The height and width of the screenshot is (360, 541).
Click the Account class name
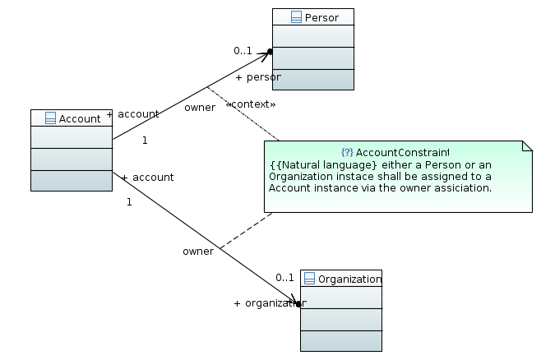[80, 118]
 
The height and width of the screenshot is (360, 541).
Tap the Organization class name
[350, 279]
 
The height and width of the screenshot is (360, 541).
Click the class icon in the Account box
[50, 118]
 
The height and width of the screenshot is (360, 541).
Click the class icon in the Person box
[296, 17]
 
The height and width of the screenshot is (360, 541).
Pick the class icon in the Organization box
[310, 279]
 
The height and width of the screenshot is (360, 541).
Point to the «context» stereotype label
[250, 104]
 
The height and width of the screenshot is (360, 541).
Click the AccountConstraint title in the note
[401, 153]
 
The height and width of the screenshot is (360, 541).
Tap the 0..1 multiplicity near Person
[243, 51]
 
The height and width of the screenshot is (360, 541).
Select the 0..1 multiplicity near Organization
[284, 277]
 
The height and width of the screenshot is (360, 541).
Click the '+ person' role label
[257, 77]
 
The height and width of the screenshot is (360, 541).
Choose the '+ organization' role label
[269, 303]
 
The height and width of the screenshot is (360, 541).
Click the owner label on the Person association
[200, 108]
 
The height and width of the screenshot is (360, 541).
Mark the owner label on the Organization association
[198, 252]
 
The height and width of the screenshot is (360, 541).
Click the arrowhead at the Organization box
[294, 302]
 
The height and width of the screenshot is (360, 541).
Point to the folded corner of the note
[526, 147]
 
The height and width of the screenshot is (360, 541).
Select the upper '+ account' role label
[132, 114]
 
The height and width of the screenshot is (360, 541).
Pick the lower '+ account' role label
[147, 178]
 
